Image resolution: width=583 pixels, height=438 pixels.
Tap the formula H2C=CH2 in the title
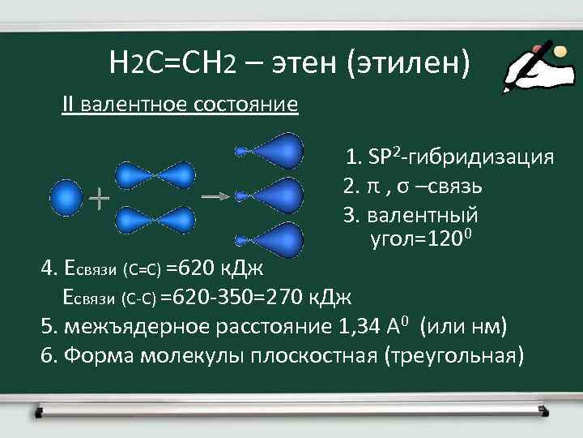click(x=171, y=62)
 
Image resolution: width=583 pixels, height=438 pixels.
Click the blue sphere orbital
click(x=66, y=197)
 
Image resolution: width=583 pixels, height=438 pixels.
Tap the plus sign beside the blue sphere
click(x=99, y=197)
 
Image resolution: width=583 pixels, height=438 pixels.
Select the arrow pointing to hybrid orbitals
click(x=214, y=195)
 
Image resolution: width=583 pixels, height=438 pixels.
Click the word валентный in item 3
click(x=422, y=216)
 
